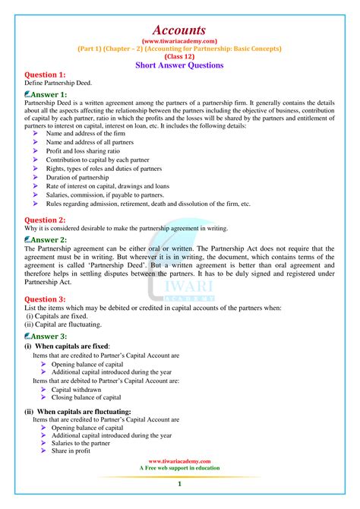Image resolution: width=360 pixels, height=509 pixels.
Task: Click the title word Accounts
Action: click(x=179, y=28)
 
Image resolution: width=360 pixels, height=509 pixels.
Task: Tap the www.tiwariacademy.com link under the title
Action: click(x=179, y=41)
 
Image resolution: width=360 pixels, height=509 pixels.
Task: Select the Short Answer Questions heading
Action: click(x=179, y=65)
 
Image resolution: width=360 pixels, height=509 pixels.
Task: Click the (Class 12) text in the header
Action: click(x=179, y=56)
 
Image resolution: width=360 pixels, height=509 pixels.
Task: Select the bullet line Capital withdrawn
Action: click(x=77, y=389)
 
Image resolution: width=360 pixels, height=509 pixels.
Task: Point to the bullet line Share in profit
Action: click(x=71, y=451)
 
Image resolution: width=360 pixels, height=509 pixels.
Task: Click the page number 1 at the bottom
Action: click(x=179, y=484)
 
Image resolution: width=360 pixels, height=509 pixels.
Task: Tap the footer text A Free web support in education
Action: click(x=179, y=468)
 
